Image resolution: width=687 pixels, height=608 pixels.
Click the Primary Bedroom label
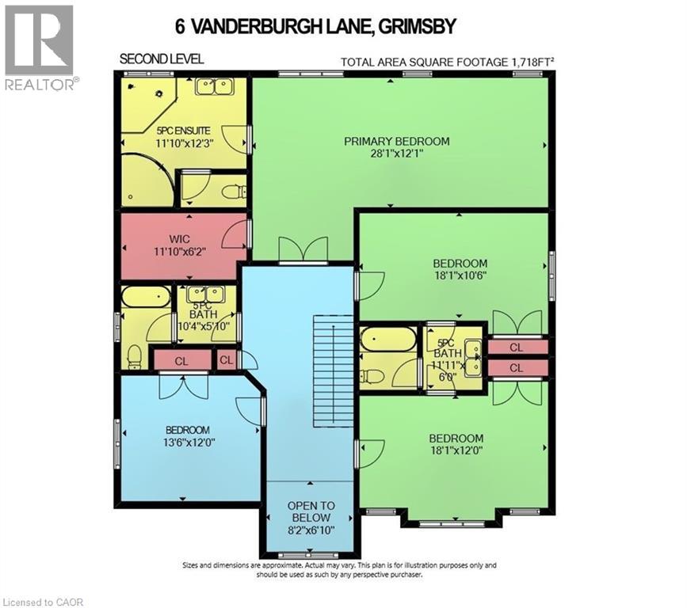[396, 142]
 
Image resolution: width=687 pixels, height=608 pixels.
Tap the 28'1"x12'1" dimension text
[396, 155]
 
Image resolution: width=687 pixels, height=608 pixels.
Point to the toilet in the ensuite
[233, 192]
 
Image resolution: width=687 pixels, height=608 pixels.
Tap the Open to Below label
[311, 512]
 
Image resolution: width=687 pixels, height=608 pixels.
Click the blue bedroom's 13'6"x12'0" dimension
[187, 443]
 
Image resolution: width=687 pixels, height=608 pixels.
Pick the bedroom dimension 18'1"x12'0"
[456, 452]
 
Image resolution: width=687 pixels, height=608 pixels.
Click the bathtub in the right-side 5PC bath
[387, 340]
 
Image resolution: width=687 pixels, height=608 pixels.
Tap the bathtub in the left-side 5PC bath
[146, 297]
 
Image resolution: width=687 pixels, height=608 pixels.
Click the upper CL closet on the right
[516, 347]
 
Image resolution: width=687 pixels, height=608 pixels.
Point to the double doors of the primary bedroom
[303, 249]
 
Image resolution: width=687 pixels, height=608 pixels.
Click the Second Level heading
[162, 59]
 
